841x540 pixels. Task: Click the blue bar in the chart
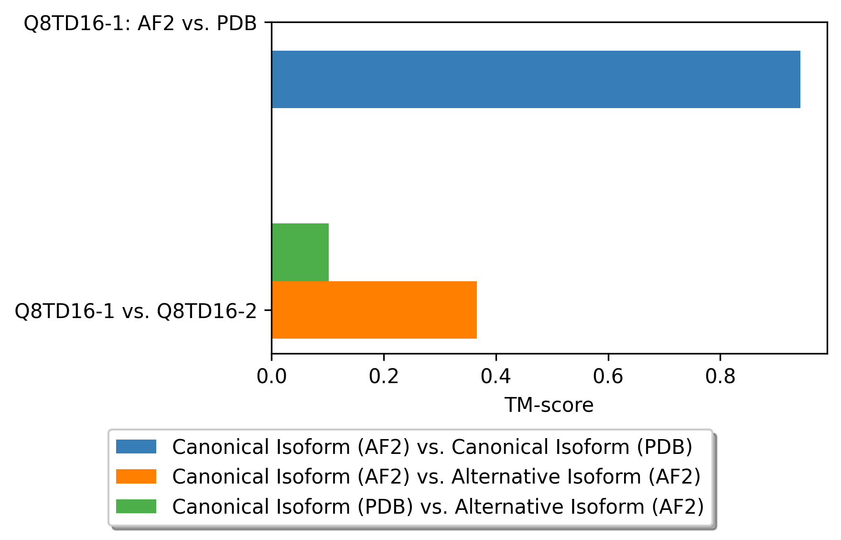536,79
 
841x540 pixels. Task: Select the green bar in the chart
300,252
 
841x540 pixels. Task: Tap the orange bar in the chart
374,310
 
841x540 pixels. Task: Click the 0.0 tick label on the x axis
271,377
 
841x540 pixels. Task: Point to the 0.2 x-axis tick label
384,377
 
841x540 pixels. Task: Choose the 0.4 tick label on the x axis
496,377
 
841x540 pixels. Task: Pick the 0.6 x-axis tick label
608,377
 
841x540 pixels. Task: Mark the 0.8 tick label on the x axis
720,377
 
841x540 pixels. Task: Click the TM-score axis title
549,406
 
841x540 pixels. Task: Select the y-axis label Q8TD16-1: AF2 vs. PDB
140,23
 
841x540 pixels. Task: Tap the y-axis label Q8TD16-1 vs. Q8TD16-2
136,311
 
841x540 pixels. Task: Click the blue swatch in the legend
136,447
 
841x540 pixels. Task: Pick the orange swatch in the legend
136,476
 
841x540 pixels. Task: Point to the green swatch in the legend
136,506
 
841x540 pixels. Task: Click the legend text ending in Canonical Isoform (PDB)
432,447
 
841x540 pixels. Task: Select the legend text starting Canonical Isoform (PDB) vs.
438,507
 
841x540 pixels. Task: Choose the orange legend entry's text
437,477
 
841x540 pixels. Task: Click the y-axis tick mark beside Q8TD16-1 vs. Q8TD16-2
269,310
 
